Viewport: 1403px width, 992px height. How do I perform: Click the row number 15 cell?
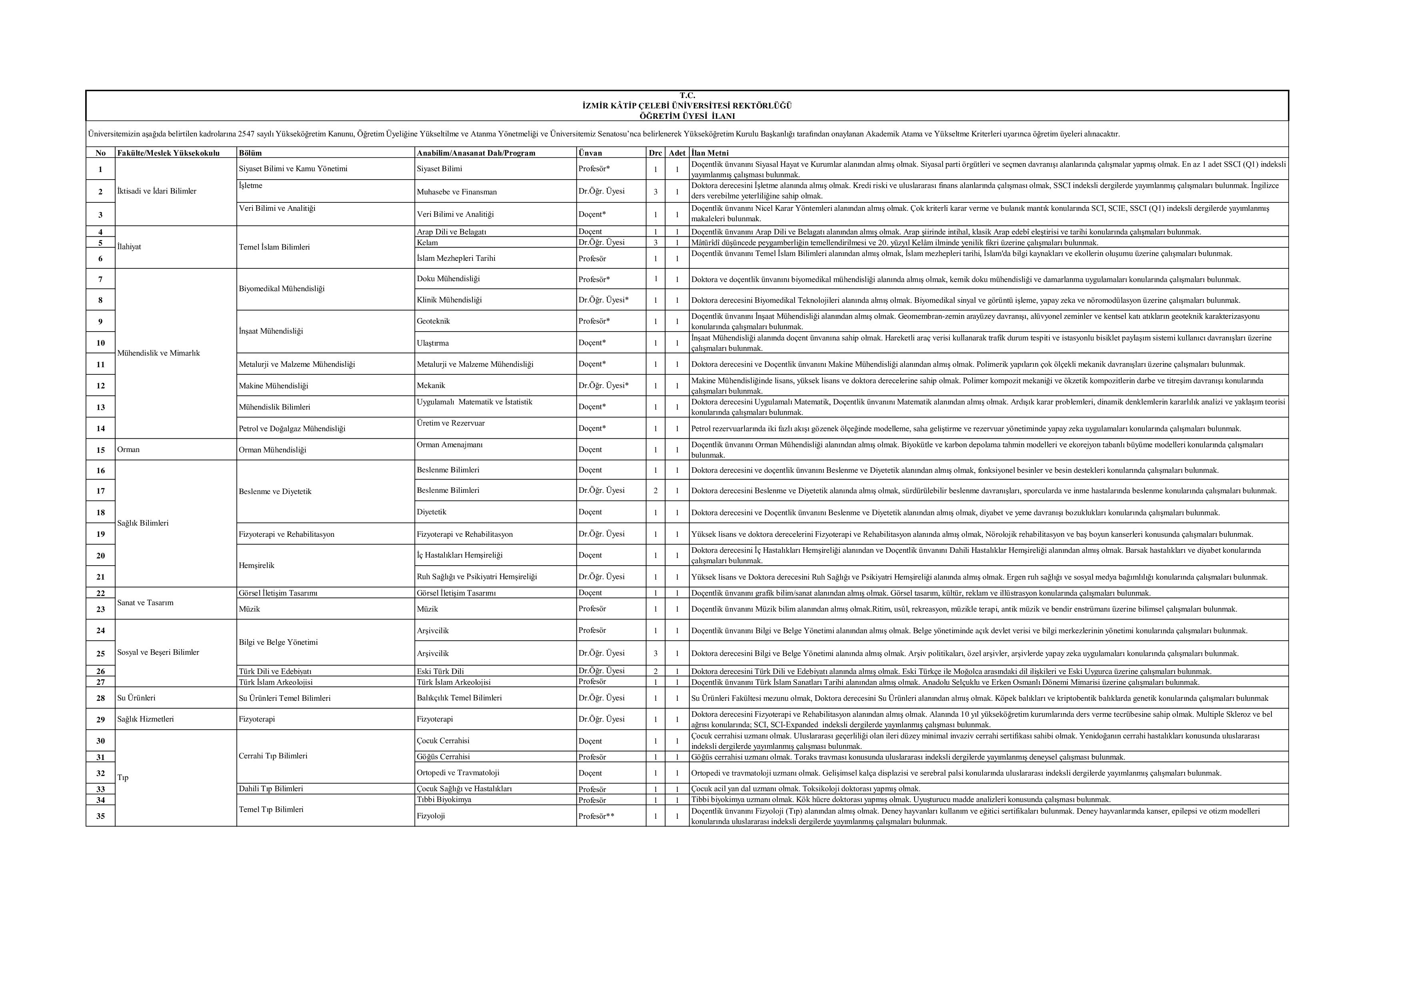tap(100, 450)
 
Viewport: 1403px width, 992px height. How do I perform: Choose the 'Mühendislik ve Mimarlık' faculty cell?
tap(158, 353)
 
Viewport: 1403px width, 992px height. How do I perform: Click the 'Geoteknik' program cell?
tap(433, 321)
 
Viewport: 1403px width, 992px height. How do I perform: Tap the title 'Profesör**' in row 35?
tap(596, 816)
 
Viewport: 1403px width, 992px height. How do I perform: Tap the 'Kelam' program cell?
tap(427, 242)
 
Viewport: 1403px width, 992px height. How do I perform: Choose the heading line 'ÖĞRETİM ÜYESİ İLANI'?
tap(687, 116)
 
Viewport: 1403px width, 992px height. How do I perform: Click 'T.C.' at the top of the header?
tap(687, 95)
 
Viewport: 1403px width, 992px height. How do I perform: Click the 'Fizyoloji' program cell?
tap(431, 816)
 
